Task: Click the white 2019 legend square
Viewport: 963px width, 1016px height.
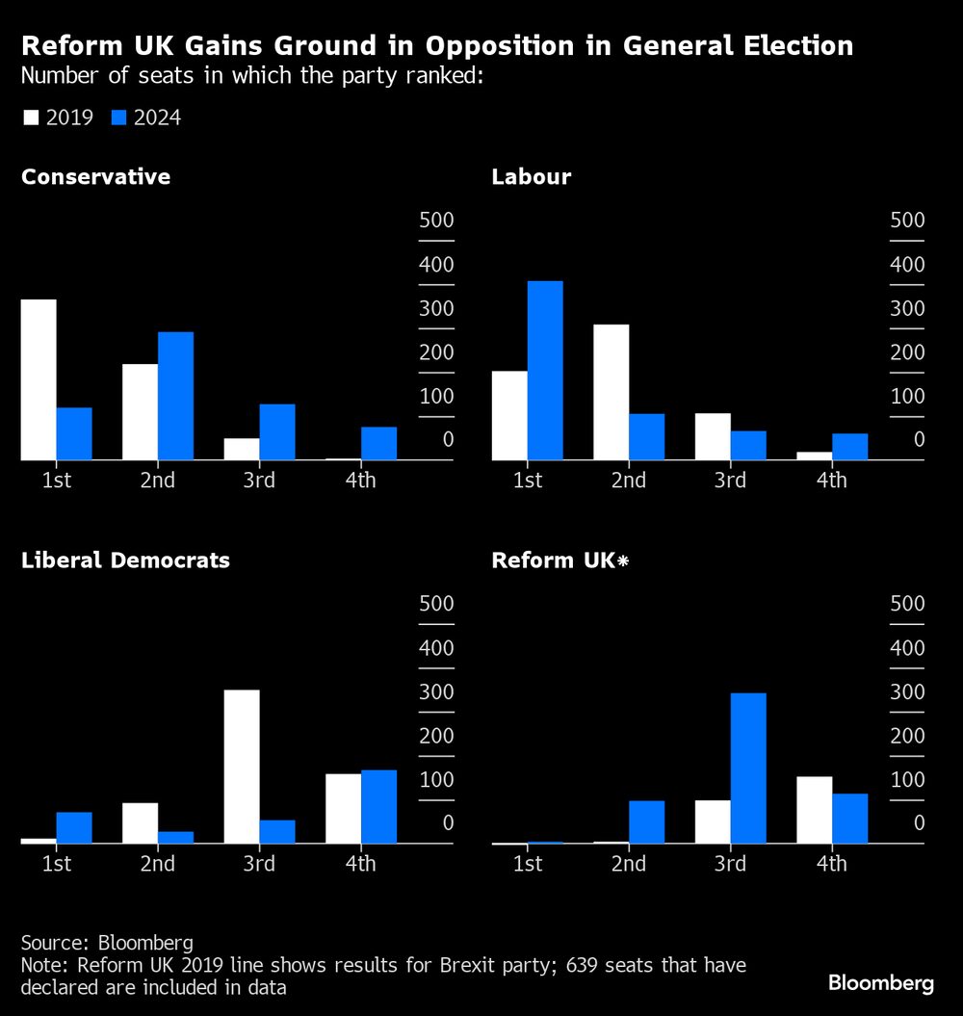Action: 30,118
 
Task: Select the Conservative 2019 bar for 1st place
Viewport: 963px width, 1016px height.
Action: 39,379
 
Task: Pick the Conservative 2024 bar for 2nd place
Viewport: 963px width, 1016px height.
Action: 175,396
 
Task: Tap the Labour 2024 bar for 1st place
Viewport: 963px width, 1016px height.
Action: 545,371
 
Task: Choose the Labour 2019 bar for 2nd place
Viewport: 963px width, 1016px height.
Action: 611,392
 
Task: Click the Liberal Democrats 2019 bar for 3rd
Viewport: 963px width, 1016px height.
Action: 242,767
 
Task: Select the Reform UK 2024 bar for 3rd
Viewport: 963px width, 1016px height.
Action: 748,769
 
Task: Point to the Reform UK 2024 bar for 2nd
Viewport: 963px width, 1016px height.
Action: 647,821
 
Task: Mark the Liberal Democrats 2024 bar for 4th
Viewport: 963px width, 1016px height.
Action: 378,807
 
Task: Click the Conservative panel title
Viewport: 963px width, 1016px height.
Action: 95,177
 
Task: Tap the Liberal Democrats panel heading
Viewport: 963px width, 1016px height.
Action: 125,560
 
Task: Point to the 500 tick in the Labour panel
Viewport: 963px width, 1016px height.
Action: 906,221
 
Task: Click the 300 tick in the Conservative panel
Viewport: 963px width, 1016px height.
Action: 436,308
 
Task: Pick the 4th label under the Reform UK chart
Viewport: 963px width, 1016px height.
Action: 831,863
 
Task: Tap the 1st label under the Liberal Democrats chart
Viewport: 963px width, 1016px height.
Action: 57,863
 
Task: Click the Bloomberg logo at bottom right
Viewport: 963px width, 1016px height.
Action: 881,983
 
